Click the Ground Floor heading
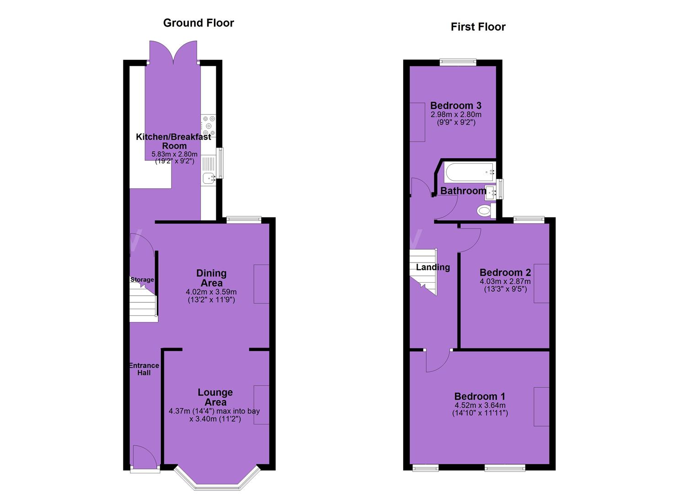[198, 23]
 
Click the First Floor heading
[478, 27]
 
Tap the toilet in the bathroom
[486, 210]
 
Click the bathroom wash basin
[491, 193]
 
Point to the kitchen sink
[209, 178]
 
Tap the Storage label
[142, 279]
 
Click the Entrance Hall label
[144, 369]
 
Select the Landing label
[433, 267]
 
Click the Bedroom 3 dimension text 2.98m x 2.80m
[456, 115]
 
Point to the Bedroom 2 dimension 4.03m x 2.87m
[505, 281]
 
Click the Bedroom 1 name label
[480, 397]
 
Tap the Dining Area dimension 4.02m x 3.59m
[211, 292]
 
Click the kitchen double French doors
[173, 52]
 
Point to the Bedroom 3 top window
[458, 62]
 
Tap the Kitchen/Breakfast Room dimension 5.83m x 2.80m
[174, 154]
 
